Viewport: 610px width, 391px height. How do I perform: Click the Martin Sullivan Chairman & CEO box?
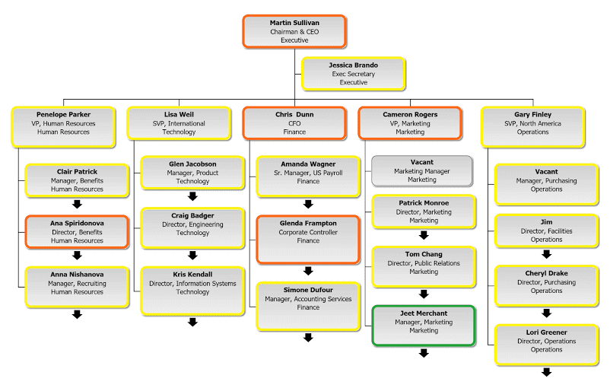[x=294, y=31]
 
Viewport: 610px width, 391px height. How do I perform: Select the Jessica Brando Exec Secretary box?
[x=353, y=74]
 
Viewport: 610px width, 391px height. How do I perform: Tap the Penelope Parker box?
[x=63, y=123]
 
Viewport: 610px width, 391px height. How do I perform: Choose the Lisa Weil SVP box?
[x=179, y=123]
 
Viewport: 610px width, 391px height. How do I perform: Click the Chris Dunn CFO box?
[x=294, y=123]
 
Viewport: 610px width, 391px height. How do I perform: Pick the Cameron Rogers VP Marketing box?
[x=410, y=123]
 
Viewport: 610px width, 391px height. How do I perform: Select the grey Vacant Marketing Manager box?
[x=422, y=172]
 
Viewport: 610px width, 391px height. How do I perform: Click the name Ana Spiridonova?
[x=77, y=223]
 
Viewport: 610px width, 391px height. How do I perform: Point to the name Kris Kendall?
[x=192, y=275]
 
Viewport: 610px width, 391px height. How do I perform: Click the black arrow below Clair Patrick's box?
[x=77, y=204]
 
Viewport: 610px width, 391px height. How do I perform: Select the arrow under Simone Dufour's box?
[x=308, y=337]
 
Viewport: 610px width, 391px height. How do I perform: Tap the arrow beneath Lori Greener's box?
[x=546, y=372]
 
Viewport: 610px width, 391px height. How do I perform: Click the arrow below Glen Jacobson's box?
[x=192, y=196]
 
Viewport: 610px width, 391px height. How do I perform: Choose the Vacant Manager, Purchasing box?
[x=546, y=181]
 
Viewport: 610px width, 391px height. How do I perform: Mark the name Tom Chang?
[x=424, y=254]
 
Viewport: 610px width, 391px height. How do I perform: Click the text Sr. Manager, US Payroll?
[x=308, y=173]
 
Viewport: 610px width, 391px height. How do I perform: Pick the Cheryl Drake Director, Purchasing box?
[x=546, y=283]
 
